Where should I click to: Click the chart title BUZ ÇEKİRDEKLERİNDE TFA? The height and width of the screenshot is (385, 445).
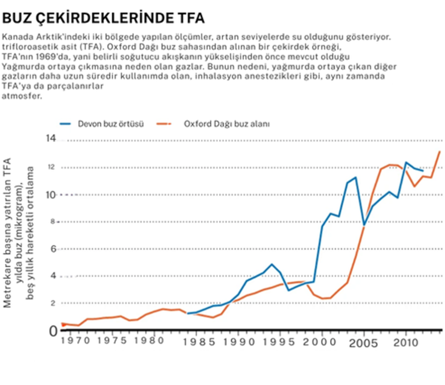(x=103, y=18)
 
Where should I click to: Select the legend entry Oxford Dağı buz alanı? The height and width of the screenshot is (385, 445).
(x=226, y=124)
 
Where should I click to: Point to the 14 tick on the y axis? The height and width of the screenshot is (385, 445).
(x=51, y=139)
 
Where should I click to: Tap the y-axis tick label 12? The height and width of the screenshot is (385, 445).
(x=52, y=167)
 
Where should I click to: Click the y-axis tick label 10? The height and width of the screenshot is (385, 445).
(x=52, y=194)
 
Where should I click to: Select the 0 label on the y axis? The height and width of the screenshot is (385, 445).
(x=53, y=331)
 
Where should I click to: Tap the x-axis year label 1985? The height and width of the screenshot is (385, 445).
(x=199, y=342)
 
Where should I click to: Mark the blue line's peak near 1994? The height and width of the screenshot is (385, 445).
(x=272, y=264)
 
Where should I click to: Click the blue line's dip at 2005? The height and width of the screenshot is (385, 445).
(x=364, y=225)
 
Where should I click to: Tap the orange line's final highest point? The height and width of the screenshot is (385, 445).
(x=440, y=151)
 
